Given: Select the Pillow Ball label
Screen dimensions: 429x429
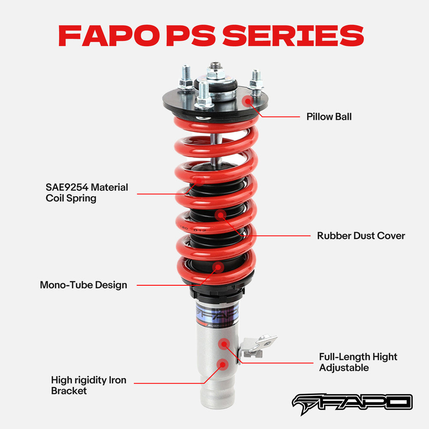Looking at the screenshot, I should pyautogui.click(x=329, y=117).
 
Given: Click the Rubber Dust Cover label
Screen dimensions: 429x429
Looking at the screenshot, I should pyautogui.click(x=361, y=236).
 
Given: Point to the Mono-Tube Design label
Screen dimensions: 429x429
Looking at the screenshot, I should pyautogui.click(x=83, y=285).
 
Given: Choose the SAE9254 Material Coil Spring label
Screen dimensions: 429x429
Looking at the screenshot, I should pyautogui.click(x=87, y=193).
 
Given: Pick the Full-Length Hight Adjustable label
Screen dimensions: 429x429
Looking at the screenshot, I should pyautogui.click(x=358, y=362).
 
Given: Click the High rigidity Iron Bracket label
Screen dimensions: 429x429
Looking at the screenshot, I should pyautogui.click(x=88, y=385).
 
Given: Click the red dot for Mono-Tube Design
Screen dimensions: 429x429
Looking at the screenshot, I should pyautogui.click(x=218, y=267).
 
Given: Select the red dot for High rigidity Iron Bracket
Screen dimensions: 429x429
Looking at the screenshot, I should pyautogui.click(x=222, y=365).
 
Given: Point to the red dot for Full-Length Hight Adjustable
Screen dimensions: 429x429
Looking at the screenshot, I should pyautogui.click(x=224, y=343).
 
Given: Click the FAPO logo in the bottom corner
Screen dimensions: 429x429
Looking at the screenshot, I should pyautogui.click(x=352, y=402).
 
